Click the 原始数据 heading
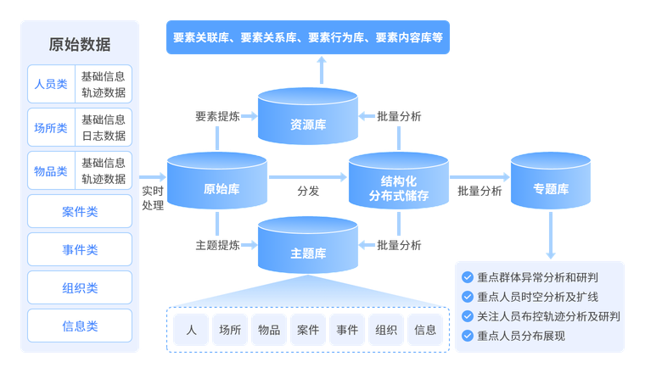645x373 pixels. coord(79,44)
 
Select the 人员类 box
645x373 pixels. coord(51,85)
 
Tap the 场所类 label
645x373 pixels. coord(51,128)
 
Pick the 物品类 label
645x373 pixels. coord(51,171)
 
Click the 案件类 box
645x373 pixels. coord(80,211)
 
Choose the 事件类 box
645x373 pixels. coord(80,249)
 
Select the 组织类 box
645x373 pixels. coord(80,287)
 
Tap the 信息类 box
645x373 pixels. coord(80,326)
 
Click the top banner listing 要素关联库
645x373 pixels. coord(306,38)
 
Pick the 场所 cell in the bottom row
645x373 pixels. coord(230,330)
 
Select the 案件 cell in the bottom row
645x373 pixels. coord(308,330)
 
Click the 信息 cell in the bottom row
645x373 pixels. coord(425,330)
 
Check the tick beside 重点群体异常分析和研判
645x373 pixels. coord(467,277)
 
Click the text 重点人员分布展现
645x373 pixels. coord(520,336)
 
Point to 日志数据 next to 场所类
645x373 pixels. coord(104,136)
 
